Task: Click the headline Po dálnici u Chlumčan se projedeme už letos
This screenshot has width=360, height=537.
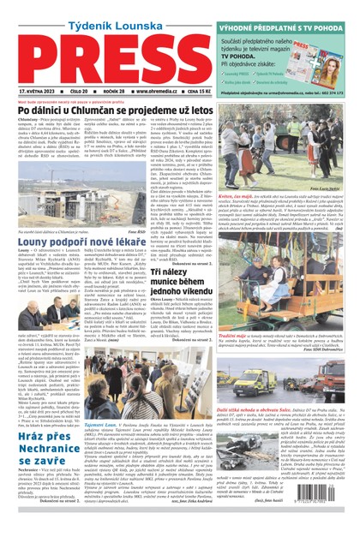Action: pyautogui.click(x=111, y=110)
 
